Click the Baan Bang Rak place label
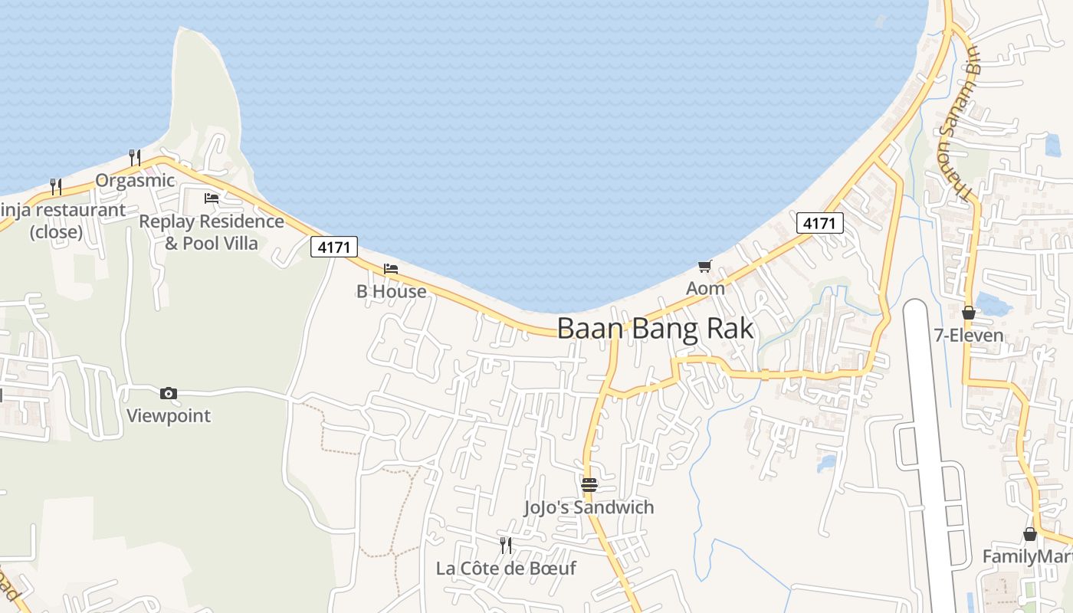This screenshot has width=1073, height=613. pyautogui.click(x=655, y=329)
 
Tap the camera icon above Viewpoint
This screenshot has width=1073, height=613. pyautogui.click(x=169, y=394)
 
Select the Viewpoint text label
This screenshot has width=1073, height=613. pyautogui.click(x=169, y=416)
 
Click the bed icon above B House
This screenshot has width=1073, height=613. pyautogui.click(x=391, y=269)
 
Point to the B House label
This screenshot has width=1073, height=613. pyautogui.click(x=392, y=292)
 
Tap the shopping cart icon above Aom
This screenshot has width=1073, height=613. pyautogui.click(x=705, y=267)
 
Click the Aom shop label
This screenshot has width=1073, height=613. pyautogui.click(x=705, y=289)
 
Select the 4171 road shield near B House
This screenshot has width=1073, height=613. pyautogui.click(x=334, y=247)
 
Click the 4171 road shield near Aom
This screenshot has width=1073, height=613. pyautogui.click(x=820, y=223)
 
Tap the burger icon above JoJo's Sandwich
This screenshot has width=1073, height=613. pyautogui.click(x=589, y=485)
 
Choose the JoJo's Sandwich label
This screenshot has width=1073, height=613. pyautogui.click(x=589, y=507)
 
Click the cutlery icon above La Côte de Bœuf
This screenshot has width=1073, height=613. pyautogui.click(x=506, y=546)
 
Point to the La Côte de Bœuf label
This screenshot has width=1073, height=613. pyautogui.click(x=506, y=569)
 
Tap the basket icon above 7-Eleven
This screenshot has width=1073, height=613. pyautogui.click(x=969, y=313)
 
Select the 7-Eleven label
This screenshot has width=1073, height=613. pyautogui.click(x=969, y=336)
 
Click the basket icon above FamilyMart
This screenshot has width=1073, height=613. pyautogui.click(x=1030, y=534)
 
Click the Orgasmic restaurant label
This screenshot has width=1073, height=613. pyautogui.click(x=136, y=181)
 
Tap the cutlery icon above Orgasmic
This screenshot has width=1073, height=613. pyautogui.click(x=135, y=158)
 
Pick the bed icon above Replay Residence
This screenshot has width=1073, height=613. pyautogui.click(x=212, y=198)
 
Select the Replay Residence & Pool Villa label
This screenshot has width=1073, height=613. pyautogui.click(x=212, y=232)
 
